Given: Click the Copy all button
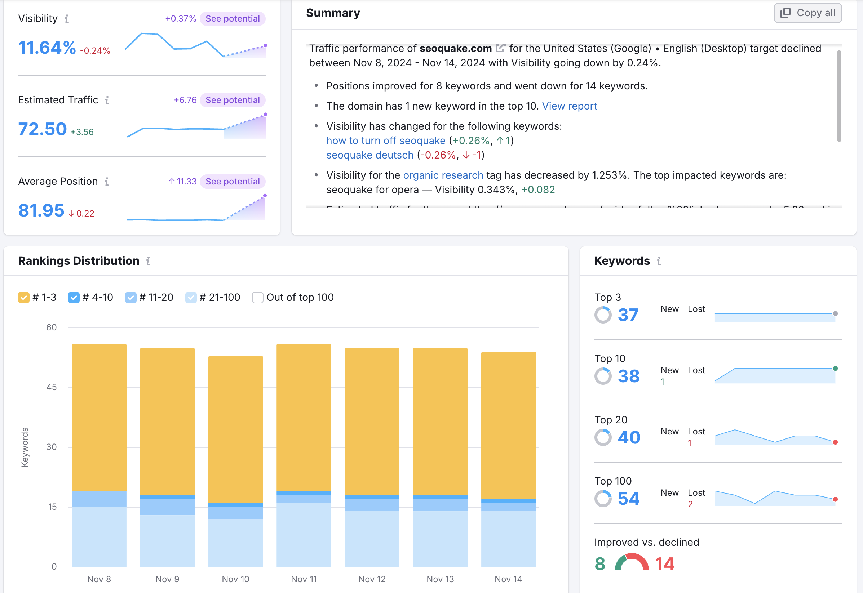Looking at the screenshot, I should [x=807, y=13].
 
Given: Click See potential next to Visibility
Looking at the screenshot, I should [x=233, y=19].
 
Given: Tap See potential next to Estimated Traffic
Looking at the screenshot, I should [x=233, y=100].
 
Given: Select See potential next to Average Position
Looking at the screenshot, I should [x=233, y=181].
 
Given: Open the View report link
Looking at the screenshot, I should [x=570, y=106].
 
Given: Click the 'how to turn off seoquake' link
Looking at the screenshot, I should [x=386, y=141].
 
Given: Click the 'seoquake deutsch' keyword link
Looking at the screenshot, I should [x=370, y=155].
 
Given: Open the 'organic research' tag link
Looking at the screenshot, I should [x=443, y=175].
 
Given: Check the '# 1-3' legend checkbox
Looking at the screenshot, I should [x=24, y=298].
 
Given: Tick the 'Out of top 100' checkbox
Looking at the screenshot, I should [x=257, y=298].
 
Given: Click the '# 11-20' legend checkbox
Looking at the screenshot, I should [x=131, y=298].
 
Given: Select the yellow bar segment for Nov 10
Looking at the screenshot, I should [x=236, y=429].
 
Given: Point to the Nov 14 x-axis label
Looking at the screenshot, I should [x=508, y=579].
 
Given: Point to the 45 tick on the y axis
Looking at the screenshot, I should [x=52, y=387].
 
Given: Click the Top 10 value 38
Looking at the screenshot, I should [x=628, y=376].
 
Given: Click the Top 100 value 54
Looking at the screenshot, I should [x=628, y=499].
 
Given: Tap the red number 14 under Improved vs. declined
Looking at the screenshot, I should [x=664, y=564].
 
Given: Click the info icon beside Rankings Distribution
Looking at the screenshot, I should [x=148, y=261].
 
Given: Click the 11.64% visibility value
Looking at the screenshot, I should [x=47, y=48].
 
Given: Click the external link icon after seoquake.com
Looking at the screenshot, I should [x=500, y=48].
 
